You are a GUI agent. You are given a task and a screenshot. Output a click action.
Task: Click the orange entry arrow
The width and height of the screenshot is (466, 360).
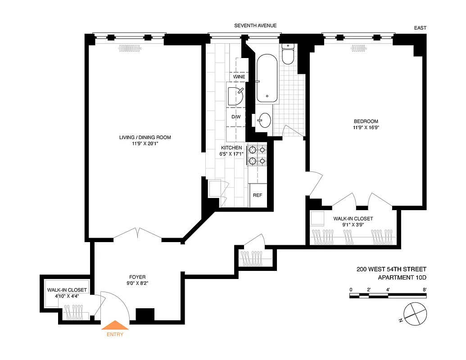pyautogui.click(x=116, y=325)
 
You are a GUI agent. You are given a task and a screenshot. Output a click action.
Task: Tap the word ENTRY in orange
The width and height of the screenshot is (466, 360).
pyautogui.click(x=115, y=334)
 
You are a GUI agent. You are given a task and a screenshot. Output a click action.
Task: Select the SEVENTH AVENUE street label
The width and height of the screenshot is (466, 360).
pyautogui.click(x=255, y=26)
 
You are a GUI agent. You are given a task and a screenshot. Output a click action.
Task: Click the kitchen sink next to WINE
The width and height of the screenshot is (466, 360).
pyautogui.click(x=236, y=96)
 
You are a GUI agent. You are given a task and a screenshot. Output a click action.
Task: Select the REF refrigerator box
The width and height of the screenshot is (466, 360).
pyautogui.click(x=258, y=195)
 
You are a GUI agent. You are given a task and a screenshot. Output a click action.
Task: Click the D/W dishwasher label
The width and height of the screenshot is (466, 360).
pyautogui.click(x=236, y=117)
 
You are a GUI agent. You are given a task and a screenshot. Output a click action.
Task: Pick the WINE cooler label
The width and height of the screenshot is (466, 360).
pyautogui.click(x=239, y=77)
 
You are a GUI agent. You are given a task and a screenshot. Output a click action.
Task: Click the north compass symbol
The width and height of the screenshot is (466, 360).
pyautogui.click(x=412, y=313)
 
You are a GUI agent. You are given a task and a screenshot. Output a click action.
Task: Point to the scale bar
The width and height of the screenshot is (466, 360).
pyautogui.click(x=388, y=296)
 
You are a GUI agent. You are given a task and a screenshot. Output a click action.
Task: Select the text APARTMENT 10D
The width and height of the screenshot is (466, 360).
pyautogui.click(x=402, y=277)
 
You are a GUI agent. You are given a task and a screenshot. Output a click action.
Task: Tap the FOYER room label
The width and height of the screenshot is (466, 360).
pyautogui.click(x=137, y=277)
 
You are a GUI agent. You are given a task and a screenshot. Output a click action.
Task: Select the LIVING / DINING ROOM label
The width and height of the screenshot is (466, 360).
pyautogui.click(x=145, y=137)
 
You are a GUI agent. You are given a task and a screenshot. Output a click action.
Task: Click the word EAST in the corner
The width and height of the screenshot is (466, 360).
pyautogui.click(x=420, y=28)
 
